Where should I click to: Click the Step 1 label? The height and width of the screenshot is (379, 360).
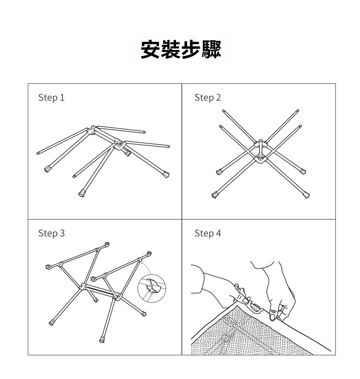pos(51,97)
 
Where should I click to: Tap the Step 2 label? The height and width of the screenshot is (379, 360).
pos(208,97)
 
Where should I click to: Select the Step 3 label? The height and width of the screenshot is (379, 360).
pos(51,234)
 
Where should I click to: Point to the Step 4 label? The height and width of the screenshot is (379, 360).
pos(208,234)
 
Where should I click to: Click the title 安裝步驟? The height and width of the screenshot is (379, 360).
pos(181,50)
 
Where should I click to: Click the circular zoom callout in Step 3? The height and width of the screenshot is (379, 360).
pos(152,288)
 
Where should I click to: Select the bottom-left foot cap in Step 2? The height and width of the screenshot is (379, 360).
pos(215,195)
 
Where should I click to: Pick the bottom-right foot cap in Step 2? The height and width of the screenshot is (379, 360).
pos(306,195)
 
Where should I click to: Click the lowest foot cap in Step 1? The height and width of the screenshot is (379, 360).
pos(82,193)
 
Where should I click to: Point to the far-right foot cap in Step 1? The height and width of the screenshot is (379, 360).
pos(166,174)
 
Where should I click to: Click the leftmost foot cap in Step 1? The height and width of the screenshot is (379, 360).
pos(47,169)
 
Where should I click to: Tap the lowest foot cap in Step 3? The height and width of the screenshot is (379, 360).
pos(102,340)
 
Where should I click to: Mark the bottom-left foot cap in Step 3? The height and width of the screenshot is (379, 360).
pos(52,323)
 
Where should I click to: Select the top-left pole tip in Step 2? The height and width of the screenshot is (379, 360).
pos(223,111)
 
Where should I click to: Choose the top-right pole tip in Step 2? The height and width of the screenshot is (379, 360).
pos(298,111)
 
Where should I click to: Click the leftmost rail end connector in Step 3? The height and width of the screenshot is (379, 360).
pos(48,266)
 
